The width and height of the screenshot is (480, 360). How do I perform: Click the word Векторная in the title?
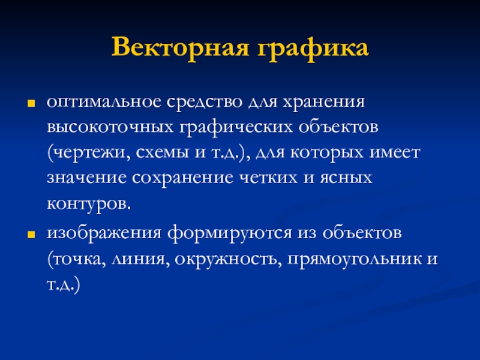(x=180, y=47)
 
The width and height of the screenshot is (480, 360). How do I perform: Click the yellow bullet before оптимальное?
(x=31, y=103)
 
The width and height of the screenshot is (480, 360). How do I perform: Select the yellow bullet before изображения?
(x=31, y=235)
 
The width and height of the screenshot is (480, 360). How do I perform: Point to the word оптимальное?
(x=104, y=103)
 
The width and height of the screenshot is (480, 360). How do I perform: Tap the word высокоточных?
(x=110, y=127)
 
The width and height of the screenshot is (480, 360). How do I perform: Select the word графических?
(x=236, y=127)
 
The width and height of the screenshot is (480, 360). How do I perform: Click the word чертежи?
(x=89, y=153)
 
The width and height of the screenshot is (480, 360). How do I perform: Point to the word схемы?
(x=162, y=152)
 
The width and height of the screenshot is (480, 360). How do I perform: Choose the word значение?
(x=86, y=178)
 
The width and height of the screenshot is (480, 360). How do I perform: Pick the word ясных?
(x=346, y=178)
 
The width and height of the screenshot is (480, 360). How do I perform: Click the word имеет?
(x=395, y=152)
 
